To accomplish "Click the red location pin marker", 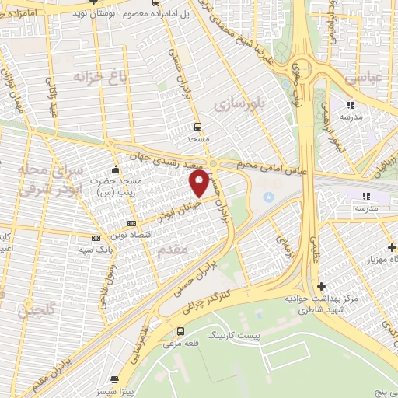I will point(200,183).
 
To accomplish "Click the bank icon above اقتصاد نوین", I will point(96,236).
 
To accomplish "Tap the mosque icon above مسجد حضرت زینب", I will point(117,168).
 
